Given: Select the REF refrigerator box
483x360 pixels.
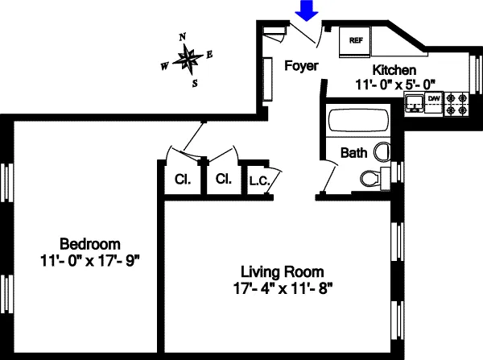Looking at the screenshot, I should click(355, 39).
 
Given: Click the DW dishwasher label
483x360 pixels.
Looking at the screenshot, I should click(433, 99).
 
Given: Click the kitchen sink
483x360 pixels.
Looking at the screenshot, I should click(414, 102).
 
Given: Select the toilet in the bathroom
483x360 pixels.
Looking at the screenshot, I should click(370, 178).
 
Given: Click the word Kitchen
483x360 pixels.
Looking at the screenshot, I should click(394, 70).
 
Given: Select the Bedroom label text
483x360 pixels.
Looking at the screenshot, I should click(90, 244).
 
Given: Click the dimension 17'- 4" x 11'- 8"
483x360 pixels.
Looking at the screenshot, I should click(283, 287).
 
